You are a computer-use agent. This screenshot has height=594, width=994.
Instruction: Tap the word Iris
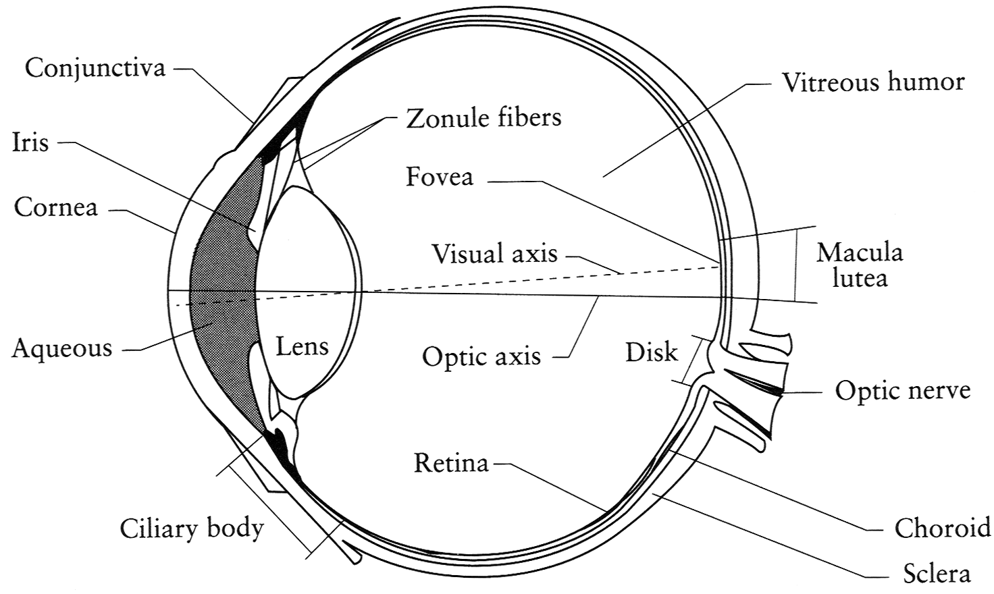tap(30, 142)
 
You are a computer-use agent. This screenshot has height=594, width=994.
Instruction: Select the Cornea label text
tap(56, 207)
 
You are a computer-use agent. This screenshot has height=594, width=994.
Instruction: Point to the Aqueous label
tap(61, 348)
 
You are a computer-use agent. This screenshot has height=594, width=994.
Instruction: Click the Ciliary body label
tap(192, 528)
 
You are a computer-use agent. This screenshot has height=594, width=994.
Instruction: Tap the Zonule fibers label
tap(483, 117)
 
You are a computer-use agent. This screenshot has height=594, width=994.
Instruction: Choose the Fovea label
tap(440, 176)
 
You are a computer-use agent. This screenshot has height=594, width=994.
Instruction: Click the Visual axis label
tap(495, 253)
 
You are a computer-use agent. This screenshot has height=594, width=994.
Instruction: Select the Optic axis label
tap(481, 356)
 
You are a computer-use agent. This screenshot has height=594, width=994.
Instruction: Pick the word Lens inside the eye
tap(303, 346)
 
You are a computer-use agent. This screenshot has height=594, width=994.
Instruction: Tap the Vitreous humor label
tap(873, 82)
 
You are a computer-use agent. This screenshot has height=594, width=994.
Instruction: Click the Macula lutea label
tap(860, 265)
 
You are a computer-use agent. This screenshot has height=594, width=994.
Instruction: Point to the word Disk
tap(652, 352)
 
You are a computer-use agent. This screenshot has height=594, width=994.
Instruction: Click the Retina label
tap(451, 462)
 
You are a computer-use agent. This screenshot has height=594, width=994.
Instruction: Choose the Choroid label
tap(942, 529)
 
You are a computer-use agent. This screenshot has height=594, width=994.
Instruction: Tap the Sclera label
tap(937, 573)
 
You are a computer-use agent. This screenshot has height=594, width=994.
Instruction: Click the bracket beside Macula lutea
tap(796, 265)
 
